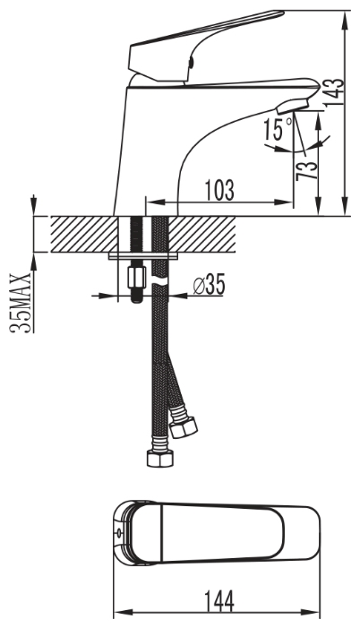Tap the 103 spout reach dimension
pyautogui.click(x=219, y=190)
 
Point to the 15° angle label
pyautogui.click(x=278, y=129)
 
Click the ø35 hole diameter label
pyautogui.click(x=209, y=284)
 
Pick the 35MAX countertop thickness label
pyautogui.click(x=21, y=303)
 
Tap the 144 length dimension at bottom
pyautogui.click(x=219, y=601)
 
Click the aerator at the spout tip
pyautogui.click(x=292, y=107)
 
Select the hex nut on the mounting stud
pyautogui.click(x=136, y=277)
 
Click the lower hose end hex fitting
pyautogui.click(x=159, y=458)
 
